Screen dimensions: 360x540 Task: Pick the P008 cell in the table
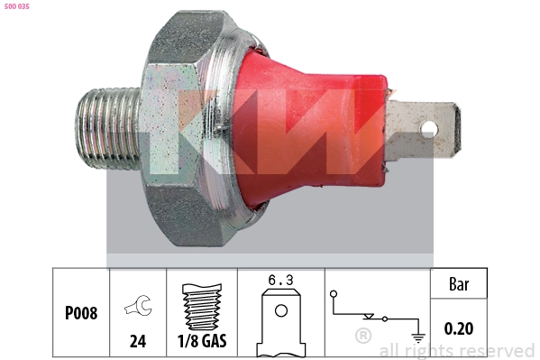[80, 314]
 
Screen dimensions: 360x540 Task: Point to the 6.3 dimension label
[281, 281]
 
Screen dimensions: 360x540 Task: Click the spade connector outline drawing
[280, 323]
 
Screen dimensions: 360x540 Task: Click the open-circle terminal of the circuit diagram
[334, 293]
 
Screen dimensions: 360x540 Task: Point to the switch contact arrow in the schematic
[369, 317]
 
